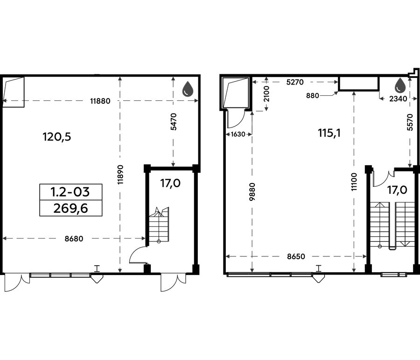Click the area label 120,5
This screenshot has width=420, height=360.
pos(57,137)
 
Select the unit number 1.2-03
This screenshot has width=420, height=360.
pos(70,192)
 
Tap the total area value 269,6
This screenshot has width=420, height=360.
pos(71,208)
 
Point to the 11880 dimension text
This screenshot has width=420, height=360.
pos(100,101)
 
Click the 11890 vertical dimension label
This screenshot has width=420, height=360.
pos(120,174)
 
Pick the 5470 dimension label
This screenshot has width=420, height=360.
pos(174,122)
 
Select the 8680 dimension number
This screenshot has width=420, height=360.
pos(74,239)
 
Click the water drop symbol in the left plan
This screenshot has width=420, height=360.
pos(188,88)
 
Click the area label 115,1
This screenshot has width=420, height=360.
pos(329,133)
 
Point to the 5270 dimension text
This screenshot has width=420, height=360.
pos(295,82)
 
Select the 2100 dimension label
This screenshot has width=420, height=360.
pos(266,94)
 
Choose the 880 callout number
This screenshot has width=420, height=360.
pos(312,95)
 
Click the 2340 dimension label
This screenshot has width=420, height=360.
pos(398,99)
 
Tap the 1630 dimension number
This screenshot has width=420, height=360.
pos(238,134)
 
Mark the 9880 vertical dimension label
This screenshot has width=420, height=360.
pos(252,191)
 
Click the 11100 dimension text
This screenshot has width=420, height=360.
pos(354,182)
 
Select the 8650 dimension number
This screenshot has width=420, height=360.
pos(296,256)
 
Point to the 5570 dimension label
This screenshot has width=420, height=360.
pos(410,122)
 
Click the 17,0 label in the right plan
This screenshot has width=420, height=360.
pos(397,190)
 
